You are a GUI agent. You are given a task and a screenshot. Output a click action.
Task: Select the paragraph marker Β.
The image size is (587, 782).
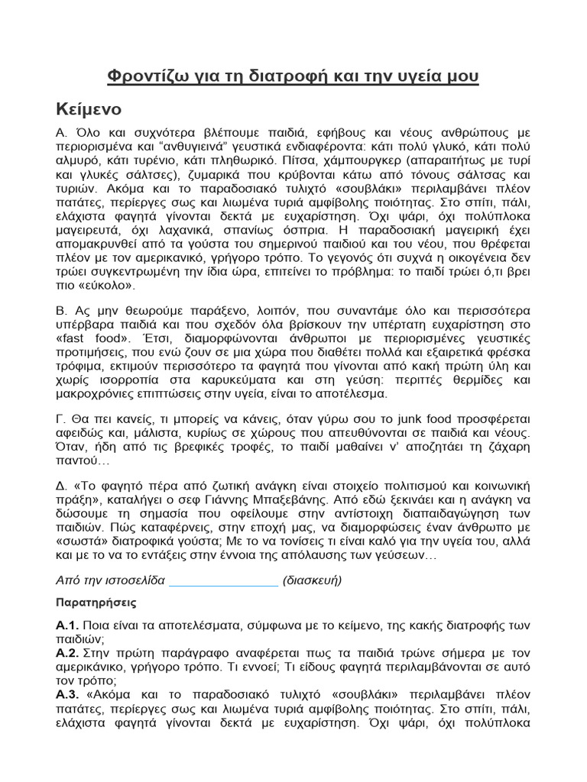point(63,312)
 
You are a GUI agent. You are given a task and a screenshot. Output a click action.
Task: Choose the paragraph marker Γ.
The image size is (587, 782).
point(62,421)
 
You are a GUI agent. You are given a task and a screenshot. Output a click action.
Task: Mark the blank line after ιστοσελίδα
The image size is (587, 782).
point(223,580)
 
